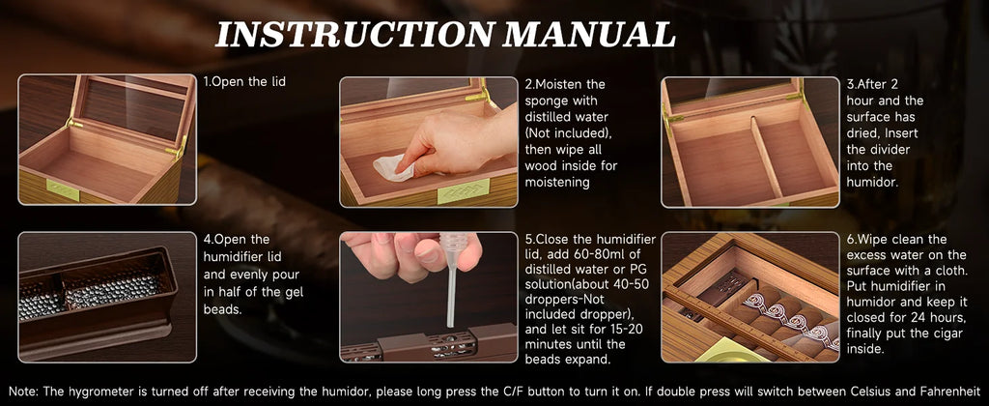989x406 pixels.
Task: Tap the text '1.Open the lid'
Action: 244,82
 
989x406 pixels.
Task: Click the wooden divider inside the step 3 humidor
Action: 767,159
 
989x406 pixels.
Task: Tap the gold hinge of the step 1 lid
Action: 176,146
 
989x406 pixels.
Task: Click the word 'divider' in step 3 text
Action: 871,166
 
